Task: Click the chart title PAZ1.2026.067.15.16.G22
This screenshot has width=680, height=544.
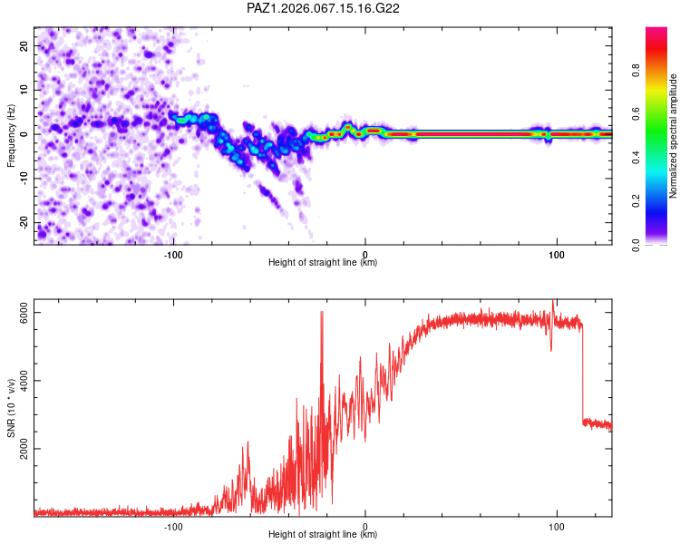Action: coord(324,8)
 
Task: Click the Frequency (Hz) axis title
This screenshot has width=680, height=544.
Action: coord(11,135)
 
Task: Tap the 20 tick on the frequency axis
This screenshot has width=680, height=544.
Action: coord(24,45)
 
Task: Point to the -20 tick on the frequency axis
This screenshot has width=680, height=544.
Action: coord(24,222)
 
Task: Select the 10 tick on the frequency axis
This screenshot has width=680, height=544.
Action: coord(24,90)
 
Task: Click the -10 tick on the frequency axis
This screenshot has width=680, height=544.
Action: coord(24,179)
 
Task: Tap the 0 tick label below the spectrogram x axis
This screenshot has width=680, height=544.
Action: coord(365,254)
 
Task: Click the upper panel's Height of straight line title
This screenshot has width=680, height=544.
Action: coord(323,263)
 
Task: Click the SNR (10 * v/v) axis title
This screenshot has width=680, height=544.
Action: coord(11,408)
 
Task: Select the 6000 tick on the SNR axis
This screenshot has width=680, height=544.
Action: coord(24,313)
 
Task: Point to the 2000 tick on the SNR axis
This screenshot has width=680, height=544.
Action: coord(24,449)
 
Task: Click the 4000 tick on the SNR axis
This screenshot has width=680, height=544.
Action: coord(24,381)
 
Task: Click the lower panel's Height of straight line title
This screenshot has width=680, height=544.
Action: coord(323,535)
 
